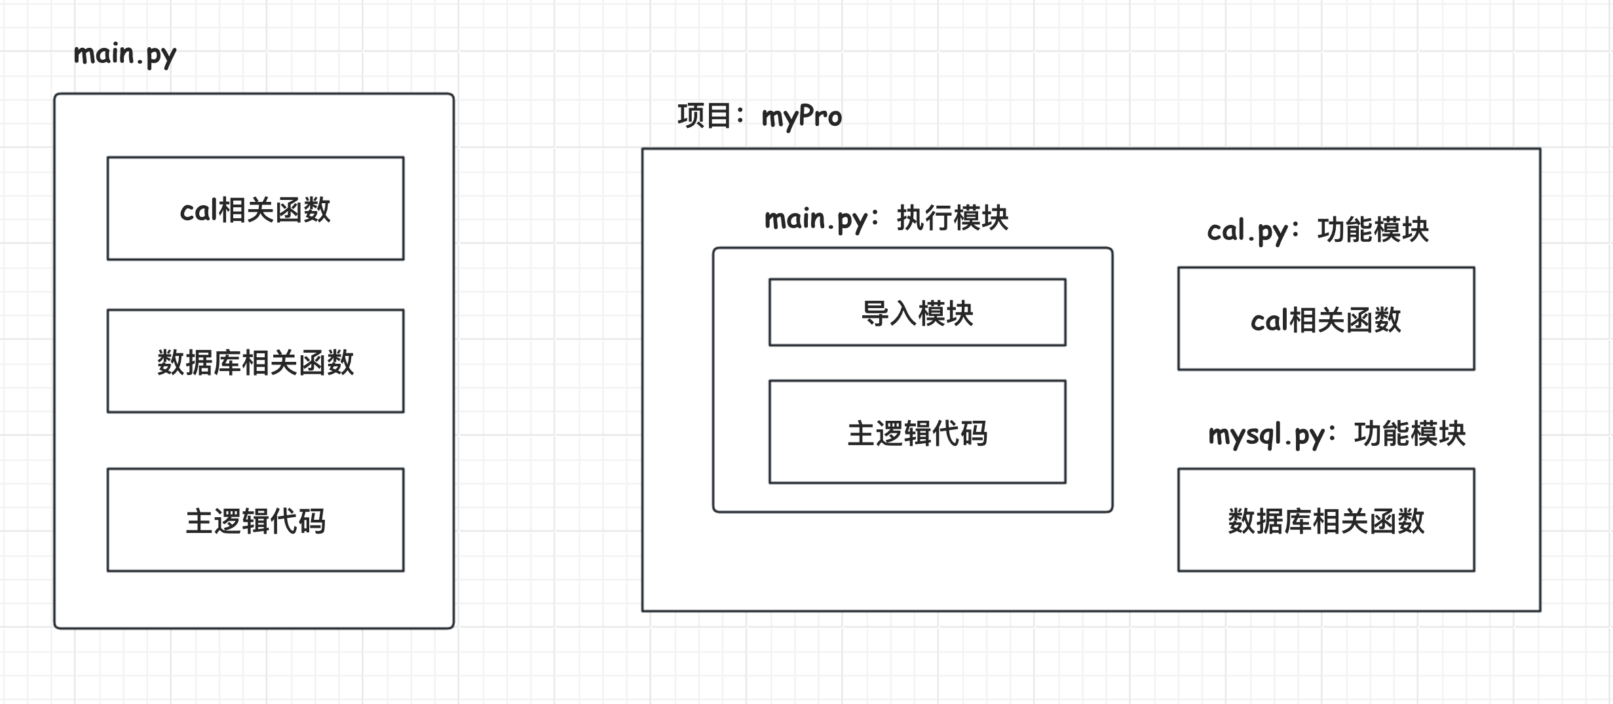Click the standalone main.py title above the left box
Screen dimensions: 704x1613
coord(124,54)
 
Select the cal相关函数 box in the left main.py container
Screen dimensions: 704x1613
coord(256,208)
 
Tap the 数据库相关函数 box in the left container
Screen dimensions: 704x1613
coord(256,361)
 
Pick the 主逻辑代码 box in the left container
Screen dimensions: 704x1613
coord(256,520)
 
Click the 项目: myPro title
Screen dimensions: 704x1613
coord(759,117)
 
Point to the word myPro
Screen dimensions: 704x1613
coord(801,117)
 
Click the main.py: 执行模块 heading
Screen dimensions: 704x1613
coord(886,218)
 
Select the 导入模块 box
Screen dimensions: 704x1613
coord(917,313)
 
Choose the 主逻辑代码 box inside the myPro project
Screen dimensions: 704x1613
coord(917,432)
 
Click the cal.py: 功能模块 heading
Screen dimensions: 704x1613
coord(1318,230)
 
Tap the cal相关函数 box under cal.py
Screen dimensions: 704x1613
coord(1326,319)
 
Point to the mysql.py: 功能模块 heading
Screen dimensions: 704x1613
coord(1337,434)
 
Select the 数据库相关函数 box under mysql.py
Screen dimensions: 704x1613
coord(1326,520)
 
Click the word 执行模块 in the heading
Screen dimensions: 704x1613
coord(953,218)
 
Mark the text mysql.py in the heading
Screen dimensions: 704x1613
coord(1266,435)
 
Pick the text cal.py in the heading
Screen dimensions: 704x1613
coord(1247,231)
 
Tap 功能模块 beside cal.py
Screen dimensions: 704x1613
coord(1373,230)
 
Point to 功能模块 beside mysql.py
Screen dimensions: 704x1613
coord(1410,434)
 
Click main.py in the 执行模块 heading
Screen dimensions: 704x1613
coord(816,219)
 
